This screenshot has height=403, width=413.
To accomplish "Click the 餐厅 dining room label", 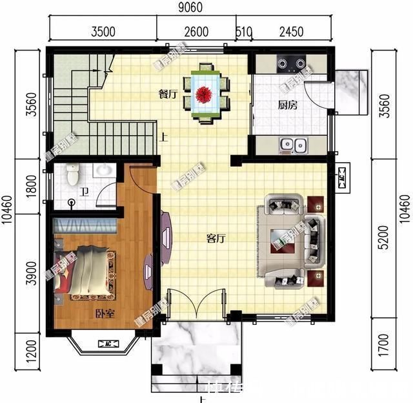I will click(168, 94).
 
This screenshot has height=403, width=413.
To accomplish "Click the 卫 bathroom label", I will click(84, 191).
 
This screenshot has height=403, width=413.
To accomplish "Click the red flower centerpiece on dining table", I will click(205, 94).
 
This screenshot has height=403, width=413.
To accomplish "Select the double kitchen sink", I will click(291, 145).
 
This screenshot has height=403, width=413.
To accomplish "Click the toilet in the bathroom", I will click(72, 172).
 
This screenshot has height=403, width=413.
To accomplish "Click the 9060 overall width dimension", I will click(192, 8).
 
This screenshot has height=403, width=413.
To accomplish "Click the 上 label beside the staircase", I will click(164, 137).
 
